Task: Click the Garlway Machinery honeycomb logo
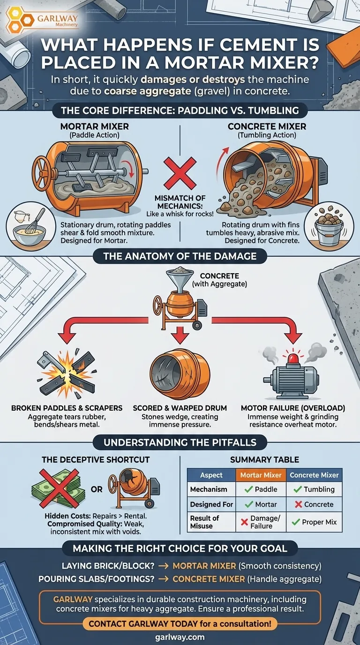pos(20,20)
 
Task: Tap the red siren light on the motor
pos(293,358)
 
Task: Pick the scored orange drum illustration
pos(180,374)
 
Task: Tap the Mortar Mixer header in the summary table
pos(261,475)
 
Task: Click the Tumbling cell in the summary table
pos(314,489)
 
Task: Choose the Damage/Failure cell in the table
pos(261,522)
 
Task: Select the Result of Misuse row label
pos(205,522)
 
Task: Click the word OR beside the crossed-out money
pos(97,489)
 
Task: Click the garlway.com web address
pos(180,637)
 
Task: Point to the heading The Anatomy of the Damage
pos(180,256)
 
